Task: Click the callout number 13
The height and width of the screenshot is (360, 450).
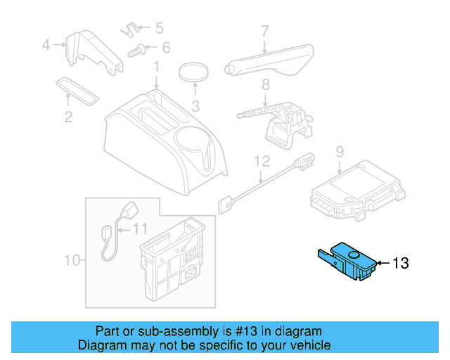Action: coord(400,264)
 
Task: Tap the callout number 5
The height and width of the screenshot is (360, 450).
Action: coord(159,28)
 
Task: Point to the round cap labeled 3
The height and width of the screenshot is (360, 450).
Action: coord(195,72)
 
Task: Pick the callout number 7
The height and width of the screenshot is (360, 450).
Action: coord(265,31)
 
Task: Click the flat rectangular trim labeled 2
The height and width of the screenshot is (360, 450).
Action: coord(77,89)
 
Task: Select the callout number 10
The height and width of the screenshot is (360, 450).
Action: coord(72,261)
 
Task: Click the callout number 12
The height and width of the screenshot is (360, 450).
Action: coord(262,161)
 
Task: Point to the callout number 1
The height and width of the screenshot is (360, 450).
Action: coord(157,68)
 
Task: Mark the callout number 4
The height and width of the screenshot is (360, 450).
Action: coord(46,45)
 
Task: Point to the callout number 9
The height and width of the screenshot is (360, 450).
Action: coord(339,150)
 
